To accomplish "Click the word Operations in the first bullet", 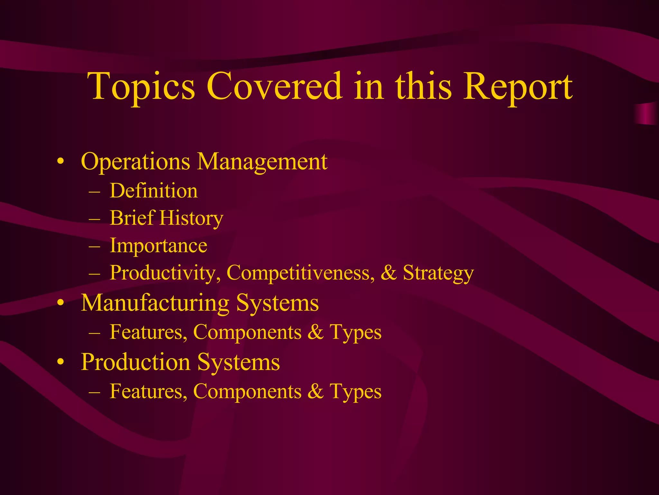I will tap(135, 161).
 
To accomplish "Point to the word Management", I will tap(262, 161).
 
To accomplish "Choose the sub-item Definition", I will tap(154, 191).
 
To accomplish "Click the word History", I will tap(191, 218).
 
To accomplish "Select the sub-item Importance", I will tap(158, 246).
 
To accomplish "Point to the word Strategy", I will tap(438, 273).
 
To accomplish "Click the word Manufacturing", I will tap(155, 303).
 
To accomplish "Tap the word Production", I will tap(135, 362).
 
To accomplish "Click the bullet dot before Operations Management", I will tap(60, 162).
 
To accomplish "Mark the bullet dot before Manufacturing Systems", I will tap(60, 303).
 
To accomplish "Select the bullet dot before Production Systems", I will tap(60, 363).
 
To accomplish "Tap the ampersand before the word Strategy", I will tap(388, 273).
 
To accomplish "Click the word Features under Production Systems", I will tap(148, 392).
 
